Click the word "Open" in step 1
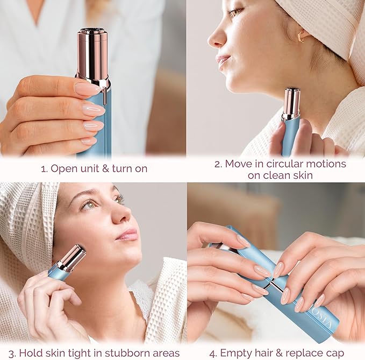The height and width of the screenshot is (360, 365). pyautogui.click(x=63, y=168)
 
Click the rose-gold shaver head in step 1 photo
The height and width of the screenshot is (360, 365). pyautogui.click(x=92, y=54)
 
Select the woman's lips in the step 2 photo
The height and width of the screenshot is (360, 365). pyautogui.click(x=222, y=61)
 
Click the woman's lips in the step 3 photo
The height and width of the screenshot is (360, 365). pyautogui.click(x=128, y=234)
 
